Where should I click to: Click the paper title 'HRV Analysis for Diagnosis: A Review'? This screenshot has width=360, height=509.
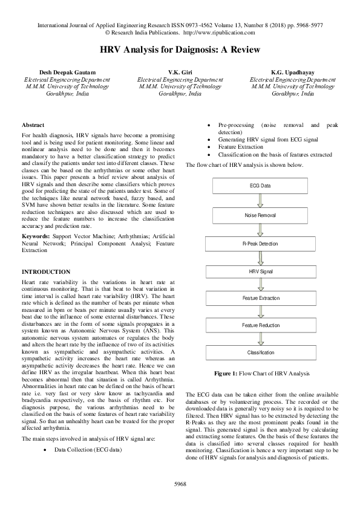180,50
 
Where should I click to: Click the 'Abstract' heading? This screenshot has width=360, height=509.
33,125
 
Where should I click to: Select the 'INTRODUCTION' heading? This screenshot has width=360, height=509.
46,272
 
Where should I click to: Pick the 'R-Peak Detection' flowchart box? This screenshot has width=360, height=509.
260,244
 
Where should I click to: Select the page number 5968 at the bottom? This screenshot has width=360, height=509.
180,484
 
